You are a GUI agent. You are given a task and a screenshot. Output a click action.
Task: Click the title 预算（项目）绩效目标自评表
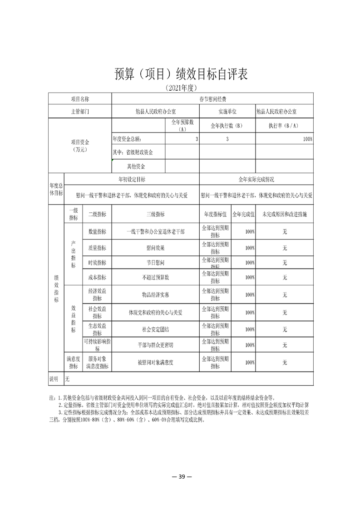click(180, 74)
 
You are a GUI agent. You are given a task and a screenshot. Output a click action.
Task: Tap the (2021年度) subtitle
click(180, 88)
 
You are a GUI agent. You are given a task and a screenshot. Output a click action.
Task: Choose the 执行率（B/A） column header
click(284, 125)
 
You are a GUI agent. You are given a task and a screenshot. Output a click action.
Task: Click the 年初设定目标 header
click(132, 180)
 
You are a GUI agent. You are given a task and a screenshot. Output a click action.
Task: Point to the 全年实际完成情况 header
click(256, 180)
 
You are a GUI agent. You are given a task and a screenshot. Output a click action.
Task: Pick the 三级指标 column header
click(155, 214)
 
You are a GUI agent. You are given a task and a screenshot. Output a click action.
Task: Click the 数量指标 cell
click(97, 231)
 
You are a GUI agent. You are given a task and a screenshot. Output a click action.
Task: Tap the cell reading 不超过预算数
click(155, 277)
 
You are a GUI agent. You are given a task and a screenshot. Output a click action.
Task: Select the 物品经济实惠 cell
click(155, 295)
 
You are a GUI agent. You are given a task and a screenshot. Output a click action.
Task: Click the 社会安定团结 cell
click(155, 329)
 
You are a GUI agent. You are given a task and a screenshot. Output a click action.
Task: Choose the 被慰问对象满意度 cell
click(155, 362)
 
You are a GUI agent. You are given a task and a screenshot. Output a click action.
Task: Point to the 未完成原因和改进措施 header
click(284, 214)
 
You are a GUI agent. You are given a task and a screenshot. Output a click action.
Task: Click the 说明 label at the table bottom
click(54, 378)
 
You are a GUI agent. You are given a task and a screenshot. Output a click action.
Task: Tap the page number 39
click(180, 476)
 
